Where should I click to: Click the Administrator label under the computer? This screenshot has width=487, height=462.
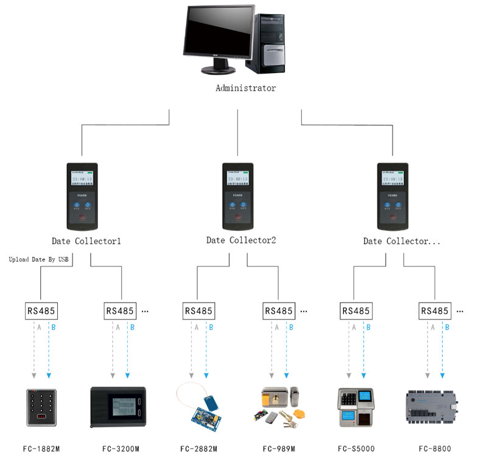245,88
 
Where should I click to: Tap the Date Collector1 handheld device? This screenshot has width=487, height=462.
82,194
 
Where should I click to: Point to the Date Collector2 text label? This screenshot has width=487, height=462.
241,240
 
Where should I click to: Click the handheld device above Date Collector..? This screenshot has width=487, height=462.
393,194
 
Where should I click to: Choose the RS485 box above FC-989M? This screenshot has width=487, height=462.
279,310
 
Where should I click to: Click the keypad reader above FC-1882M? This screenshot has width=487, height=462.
41,407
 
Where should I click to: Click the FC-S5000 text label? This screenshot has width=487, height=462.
356,449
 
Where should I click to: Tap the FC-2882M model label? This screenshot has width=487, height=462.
198,449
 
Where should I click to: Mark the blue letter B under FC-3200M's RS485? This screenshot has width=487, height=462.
132,327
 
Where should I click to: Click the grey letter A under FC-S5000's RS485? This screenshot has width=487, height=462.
352,327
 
